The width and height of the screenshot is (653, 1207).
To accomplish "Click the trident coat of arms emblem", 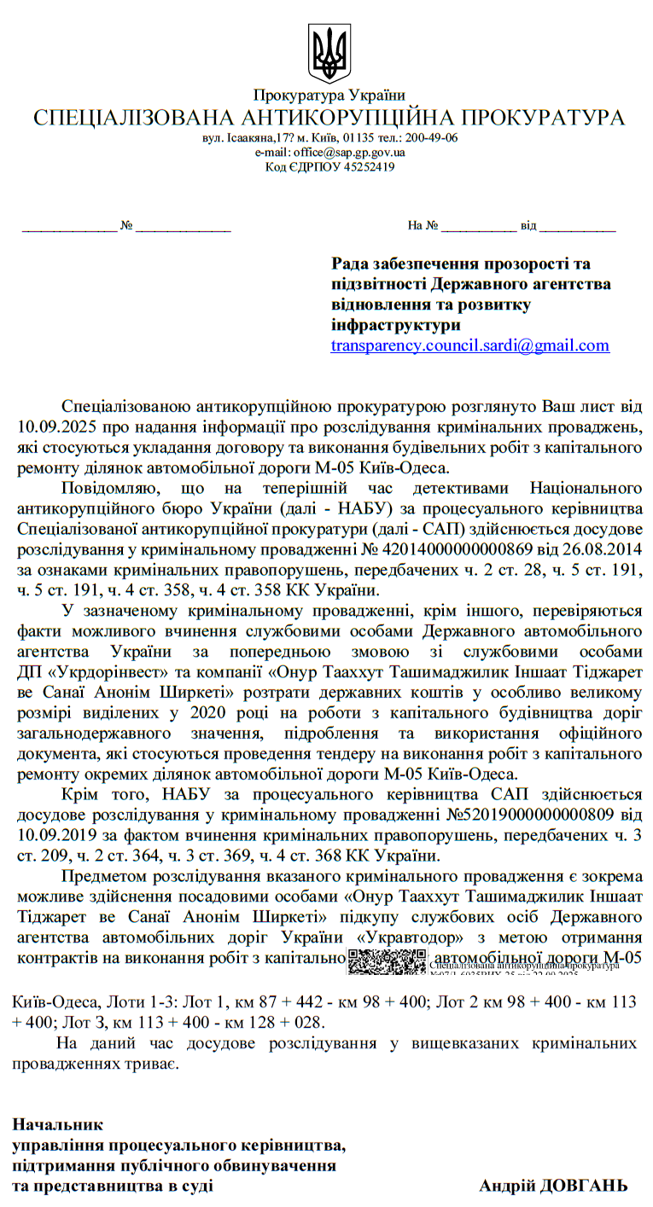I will [x=329, y=54].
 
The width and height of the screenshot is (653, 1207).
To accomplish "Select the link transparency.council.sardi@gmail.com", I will [x=470, y=345].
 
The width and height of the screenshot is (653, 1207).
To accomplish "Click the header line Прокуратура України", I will [x=329, y=96].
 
